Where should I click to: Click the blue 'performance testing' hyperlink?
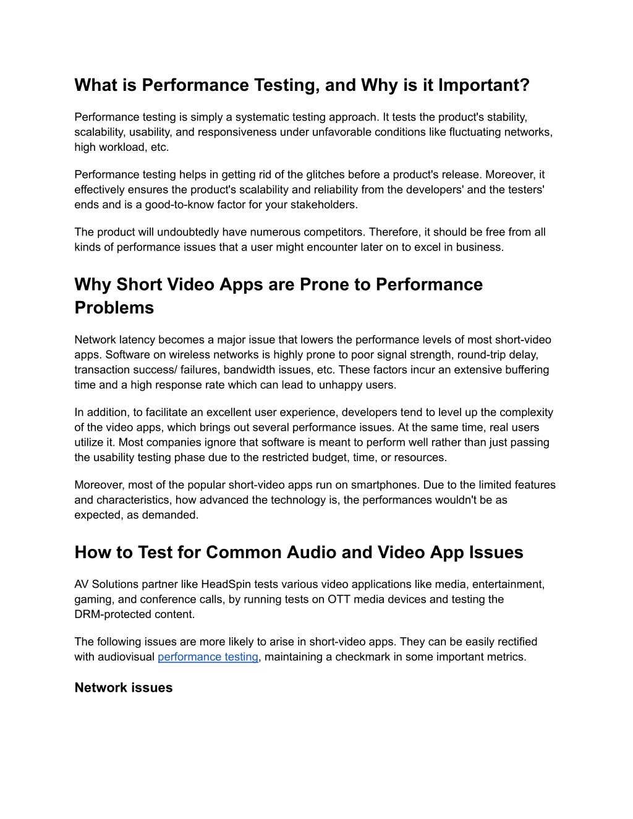208,657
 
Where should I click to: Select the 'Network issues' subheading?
124,688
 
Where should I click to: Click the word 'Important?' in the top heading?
484,85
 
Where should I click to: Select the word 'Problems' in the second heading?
114,308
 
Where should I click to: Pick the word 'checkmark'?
362,657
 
